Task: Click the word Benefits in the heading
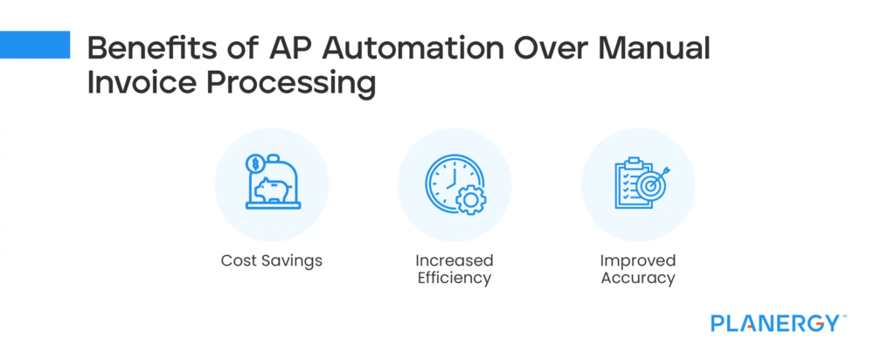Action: point(140,49)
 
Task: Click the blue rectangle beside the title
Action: point(35,45)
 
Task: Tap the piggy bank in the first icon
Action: point(272,190)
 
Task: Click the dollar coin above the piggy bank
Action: point(254,164)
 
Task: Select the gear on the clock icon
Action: point(469,200)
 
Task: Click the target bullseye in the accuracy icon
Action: point(650,185)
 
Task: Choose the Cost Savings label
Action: point(272,261)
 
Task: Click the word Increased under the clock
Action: point(454,260)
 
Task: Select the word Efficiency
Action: point(454,279)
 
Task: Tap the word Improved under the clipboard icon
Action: point(638,260)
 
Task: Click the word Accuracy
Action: point(638,279)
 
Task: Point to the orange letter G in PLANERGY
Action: point(811,323)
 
